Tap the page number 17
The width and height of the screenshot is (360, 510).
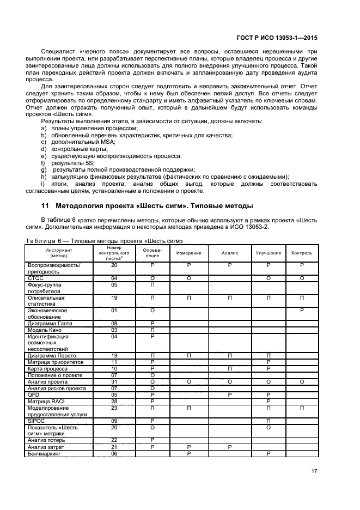[x=313, y=472]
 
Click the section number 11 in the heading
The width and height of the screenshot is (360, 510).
[x=45, y=206]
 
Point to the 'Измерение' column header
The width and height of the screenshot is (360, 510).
[x=188, y=253]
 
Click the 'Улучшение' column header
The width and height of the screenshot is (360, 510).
[x=269, y=253]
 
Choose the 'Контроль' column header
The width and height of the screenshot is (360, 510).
[x=302, y=253]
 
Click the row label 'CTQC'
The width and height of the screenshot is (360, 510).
[x=35, y=278]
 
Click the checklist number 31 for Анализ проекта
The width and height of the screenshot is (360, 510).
[x=114, y=381]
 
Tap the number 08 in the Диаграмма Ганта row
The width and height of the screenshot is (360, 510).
[x=114, y=323]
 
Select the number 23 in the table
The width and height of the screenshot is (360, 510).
[x=114, y=408]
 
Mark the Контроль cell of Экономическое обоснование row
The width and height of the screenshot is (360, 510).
[x=302, y=310]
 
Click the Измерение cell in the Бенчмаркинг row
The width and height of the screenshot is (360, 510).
[x=188, y=453]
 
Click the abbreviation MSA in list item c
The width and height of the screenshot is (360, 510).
[x=109, y=142]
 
